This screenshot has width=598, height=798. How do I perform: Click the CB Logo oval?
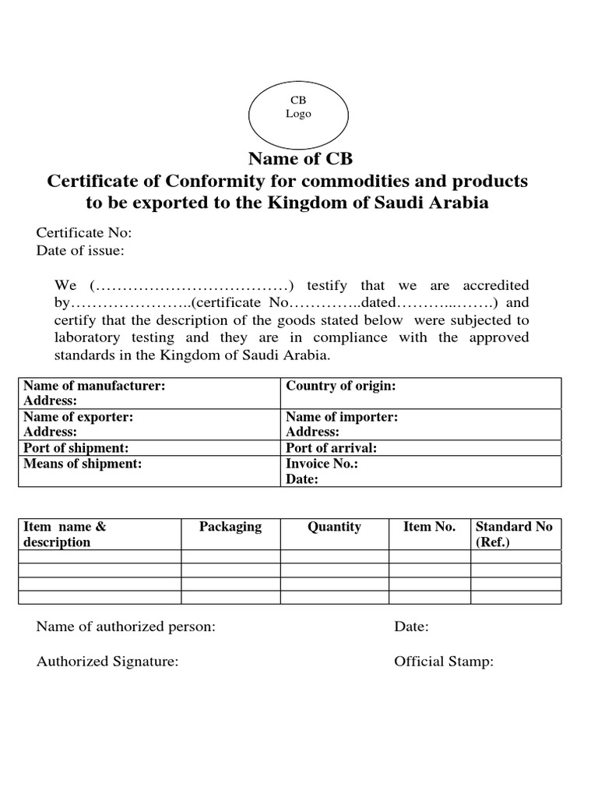click(298, 108)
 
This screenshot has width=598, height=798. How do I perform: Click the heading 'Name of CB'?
click(300, 159)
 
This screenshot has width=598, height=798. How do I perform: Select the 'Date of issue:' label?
click(80, 250)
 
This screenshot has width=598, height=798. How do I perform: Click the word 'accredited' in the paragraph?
click(495, 286)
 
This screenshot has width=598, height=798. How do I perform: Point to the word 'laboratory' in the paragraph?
click(87, 337)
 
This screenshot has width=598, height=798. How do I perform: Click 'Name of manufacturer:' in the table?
click(93, 386)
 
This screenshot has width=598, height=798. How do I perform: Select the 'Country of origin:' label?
click(341, 386)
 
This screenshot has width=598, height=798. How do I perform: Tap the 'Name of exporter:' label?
click(78, 417)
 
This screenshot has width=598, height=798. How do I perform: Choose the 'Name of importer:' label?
click(342, 417)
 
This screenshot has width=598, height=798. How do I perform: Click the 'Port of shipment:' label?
click(76, 448)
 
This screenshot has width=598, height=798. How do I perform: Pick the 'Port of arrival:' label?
click(332, 448)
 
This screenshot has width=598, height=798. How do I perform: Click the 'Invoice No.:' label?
click(322, 464)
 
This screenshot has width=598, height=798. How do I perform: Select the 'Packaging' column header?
click(230, 527)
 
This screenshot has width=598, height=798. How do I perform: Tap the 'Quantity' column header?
click(334, 527)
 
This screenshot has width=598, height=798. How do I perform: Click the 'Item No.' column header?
click(429, 527)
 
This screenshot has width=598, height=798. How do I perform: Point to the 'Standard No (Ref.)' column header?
click(513, 534)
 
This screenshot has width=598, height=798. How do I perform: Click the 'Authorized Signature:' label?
click(107, 662)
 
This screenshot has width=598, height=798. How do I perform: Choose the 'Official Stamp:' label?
click(444, 662)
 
